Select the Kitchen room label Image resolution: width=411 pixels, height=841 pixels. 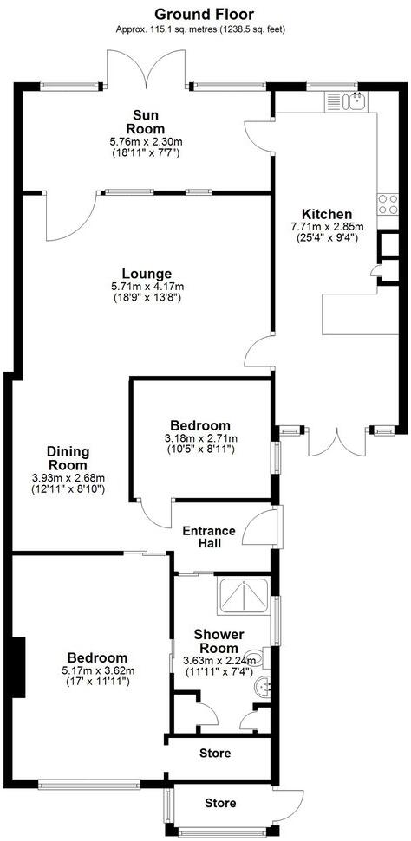pos(326,214)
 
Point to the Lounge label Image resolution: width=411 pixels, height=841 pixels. pos(147,274)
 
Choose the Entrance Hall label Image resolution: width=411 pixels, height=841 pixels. pos(208,537)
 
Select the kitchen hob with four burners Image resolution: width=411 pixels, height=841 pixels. pos(387,206)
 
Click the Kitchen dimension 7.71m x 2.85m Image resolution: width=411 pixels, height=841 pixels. pos(326,227)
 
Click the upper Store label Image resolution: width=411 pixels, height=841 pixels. pos(214,754)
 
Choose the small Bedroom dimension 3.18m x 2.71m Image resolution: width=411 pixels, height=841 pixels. pos(200,438)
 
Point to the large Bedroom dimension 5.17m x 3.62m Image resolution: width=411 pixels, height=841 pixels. pos(95,670)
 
